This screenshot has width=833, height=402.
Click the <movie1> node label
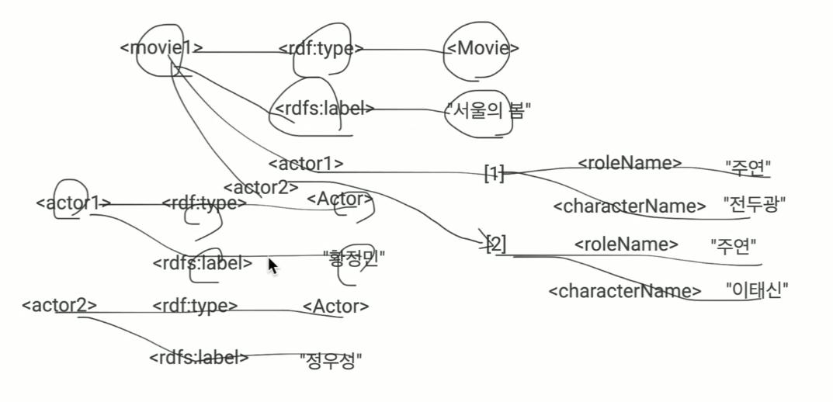tap(161, 48)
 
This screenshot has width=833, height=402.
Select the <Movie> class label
tap(482, 48)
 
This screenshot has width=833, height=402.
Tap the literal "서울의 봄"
tap(488, 111)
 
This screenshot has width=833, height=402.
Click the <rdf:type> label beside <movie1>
tap(321, 48)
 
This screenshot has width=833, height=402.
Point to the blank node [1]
tap(494, 173)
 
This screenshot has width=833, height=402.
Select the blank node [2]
tap(495, 245)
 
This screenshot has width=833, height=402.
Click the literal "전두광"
tap(755, 206)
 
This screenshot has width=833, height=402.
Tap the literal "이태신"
tap(757, 291)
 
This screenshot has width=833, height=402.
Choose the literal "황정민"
tap(354, 257)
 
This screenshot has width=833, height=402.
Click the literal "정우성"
tap(331, 359)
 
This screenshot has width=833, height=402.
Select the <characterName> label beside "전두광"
tap(629, 206)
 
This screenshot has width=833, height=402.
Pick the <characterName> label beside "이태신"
tap(624, 292)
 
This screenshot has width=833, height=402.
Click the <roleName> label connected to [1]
tap(630, 163)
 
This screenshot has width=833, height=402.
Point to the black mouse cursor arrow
tap(272, 265)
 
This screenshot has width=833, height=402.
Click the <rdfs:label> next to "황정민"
tap(203, 263)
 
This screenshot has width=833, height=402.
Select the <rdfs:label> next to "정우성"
tap(199, 358)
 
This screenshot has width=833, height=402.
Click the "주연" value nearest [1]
tap(748, 165)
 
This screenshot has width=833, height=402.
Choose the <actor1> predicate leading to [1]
tap(305, 164)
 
